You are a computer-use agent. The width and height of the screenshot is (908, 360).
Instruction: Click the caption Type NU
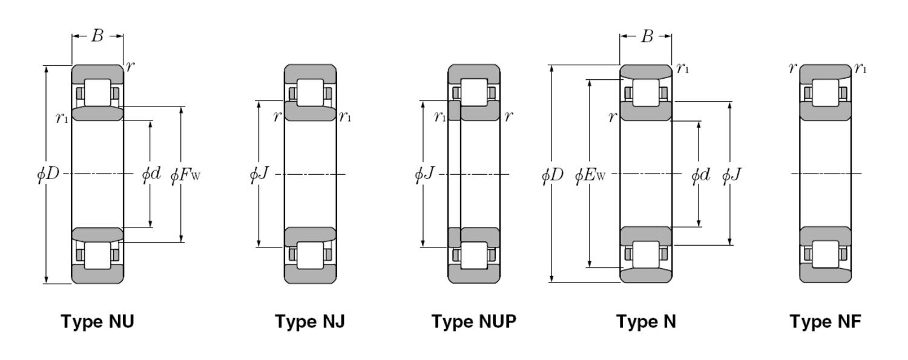[97, 321]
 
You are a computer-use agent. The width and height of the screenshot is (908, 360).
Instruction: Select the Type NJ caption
[310, 321]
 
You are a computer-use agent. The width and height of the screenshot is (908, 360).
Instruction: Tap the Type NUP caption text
[474, 321]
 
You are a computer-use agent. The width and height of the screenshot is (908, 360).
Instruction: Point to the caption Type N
[646, 321]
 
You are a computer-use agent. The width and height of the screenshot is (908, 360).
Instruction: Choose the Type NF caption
[825, 321]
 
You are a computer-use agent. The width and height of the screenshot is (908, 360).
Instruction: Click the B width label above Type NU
[97, 36]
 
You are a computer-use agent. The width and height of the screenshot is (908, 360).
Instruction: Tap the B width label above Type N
[646, 36]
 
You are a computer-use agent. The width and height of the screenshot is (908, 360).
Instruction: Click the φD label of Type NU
[48, 174]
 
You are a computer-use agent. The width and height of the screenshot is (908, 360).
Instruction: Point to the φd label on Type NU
[151, 175]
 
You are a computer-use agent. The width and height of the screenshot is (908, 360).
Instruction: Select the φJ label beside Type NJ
[259, 175]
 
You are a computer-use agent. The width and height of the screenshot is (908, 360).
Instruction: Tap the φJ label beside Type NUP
[424, 175]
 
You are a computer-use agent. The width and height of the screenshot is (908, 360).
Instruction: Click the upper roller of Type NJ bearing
[310, 93]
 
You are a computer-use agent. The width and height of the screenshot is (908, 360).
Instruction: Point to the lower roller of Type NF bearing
[825, 254]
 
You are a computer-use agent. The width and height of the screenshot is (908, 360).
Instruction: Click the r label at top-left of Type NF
[792, 68]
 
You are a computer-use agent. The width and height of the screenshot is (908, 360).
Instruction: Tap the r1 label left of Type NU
[62, 117]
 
